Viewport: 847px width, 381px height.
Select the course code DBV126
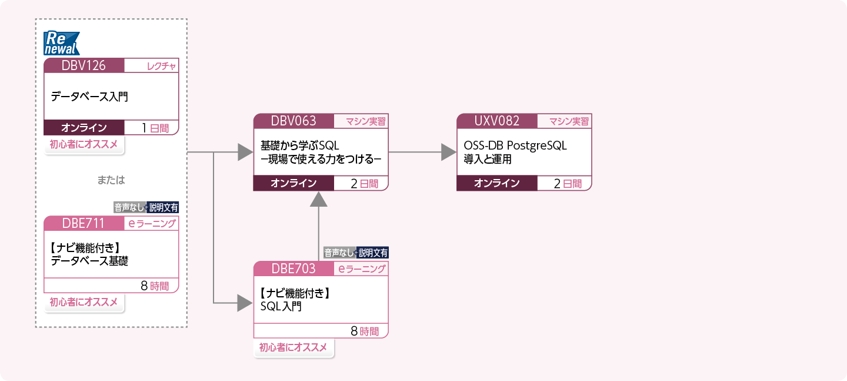84,65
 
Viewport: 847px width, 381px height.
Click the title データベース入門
89,97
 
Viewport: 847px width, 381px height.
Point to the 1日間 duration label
155,128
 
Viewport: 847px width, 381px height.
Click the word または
111,179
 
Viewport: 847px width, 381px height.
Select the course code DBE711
84,223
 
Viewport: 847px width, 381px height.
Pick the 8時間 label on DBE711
155,286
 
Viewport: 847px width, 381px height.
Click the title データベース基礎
89,261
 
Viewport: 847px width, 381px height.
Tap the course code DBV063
294,121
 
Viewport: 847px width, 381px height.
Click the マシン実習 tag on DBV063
362,122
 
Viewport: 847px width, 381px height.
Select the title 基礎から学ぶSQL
300,145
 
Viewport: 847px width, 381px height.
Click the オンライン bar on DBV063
294,183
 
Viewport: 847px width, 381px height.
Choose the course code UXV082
497,121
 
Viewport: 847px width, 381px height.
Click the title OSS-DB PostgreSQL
515,145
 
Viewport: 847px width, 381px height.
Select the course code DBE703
294,269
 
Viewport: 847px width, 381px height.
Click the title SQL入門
281,306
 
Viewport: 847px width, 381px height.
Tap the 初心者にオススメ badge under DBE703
294,347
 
